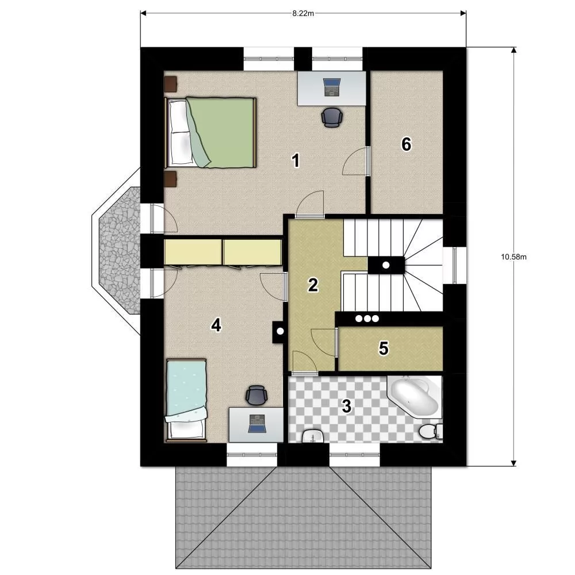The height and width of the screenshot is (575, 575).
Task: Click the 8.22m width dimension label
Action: (303, 14)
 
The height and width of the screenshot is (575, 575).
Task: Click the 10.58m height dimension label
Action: (513, 256)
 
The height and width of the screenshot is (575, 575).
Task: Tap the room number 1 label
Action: (295, 160)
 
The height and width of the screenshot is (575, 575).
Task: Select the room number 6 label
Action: (407, 144)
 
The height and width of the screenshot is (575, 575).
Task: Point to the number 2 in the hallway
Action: (313, 285)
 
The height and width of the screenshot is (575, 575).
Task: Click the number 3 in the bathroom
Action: (347, 406)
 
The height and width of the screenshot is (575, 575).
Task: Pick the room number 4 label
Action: (216, 325)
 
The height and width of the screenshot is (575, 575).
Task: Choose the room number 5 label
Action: (384, 348)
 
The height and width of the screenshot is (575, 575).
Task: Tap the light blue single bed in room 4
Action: (186, 400)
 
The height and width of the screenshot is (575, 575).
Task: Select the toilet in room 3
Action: (431, 431)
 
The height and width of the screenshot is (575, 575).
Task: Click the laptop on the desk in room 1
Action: (332, 87)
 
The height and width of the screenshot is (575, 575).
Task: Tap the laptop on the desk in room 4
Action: (256, 423)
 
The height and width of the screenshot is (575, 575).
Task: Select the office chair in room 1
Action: (332, 117)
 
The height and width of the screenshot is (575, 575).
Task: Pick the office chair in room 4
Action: (256, 396)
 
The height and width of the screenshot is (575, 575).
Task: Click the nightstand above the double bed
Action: (171, 84)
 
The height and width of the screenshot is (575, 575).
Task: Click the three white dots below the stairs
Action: (367, 319)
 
